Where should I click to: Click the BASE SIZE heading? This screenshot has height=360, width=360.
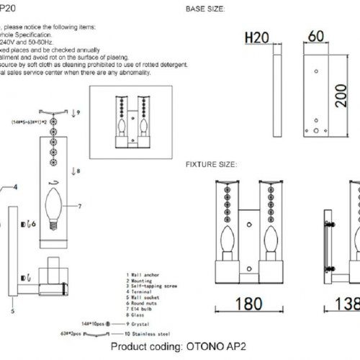coord(205,9)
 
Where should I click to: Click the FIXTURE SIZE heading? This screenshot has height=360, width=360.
coord(211,164)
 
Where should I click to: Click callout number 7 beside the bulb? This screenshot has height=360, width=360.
coord(80,207)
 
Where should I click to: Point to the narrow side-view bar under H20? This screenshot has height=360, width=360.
coord(275,91)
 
